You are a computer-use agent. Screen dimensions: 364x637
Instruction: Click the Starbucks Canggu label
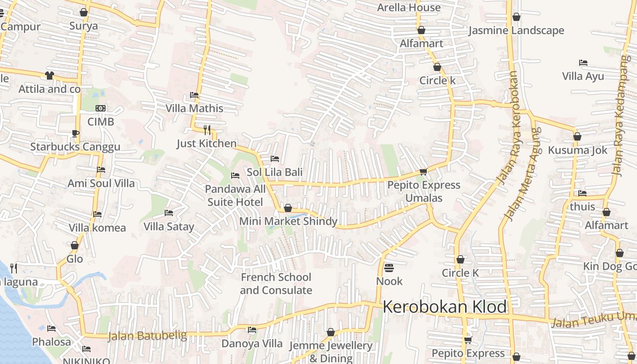(75, 147)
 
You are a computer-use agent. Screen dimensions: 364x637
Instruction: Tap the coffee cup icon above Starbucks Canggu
(75, 133)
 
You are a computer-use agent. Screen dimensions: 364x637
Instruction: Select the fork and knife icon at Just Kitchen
(207, 130)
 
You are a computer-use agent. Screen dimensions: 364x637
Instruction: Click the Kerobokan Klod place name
(445, 307)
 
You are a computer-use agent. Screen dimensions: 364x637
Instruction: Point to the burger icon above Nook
(389, 268)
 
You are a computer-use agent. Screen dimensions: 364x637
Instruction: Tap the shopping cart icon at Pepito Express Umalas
(424, 172)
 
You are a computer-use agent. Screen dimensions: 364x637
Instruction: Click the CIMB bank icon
(101, 108)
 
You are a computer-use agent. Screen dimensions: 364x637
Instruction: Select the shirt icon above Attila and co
(49, 76)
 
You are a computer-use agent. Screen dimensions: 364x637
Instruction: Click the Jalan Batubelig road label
(147, 336)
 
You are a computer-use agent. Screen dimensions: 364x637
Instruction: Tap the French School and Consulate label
(276, 283)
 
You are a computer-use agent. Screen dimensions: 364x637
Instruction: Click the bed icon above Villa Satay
(169, 212)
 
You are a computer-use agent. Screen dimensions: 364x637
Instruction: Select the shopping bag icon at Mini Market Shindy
(288, 208)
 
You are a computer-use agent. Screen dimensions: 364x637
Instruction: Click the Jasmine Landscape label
(516, 30)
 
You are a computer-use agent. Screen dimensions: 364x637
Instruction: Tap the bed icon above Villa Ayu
(583, 62)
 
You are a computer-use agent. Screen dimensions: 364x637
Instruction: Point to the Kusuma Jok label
(577, 150)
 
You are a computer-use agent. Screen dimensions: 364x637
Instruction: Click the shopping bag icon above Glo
(75, 245)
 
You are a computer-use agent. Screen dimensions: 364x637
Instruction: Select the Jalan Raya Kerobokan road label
(508, 128)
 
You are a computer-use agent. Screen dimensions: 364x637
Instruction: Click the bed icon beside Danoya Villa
(252, 330)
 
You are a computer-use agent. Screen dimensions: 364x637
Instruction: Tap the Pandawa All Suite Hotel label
(235, 195)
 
